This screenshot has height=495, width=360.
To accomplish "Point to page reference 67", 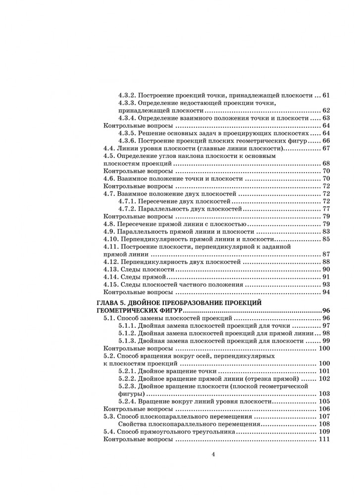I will point(326,148).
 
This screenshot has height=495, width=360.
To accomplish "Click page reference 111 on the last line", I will point(324,440).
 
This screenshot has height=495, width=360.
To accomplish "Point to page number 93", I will point(326,285).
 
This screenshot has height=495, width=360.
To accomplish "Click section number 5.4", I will point(109,432).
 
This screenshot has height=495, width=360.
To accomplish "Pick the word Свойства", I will point(134,424).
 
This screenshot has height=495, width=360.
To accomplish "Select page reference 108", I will point(324,424).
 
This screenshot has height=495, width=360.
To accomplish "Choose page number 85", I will point(326,239).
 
